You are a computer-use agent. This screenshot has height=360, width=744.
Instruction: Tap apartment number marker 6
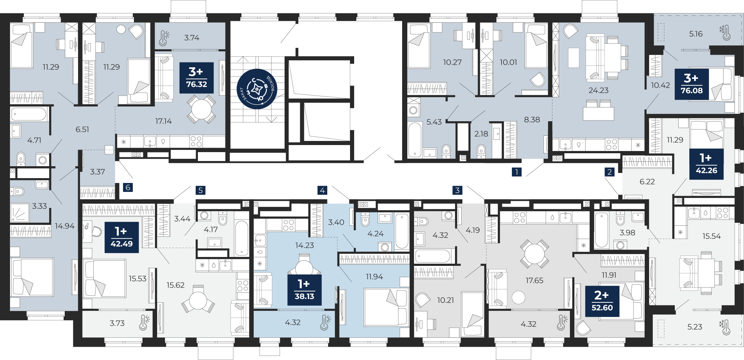point(128,187)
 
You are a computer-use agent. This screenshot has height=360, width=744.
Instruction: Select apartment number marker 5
point(201,190)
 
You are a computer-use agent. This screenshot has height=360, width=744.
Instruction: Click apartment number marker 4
point(322,190)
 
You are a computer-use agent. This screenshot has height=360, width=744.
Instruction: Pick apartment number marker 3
point(458,190)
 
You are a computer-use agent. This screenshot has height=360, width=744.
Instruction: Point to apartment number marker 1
point(516,172)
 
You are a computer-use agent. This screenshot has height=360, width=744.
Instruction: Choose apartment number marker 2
point(609,172)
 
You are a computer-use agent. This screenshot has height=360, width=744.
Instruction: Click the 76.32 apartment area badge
point(196,77)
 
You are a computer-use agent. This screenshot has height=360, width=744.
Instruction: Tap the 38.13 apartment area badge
point(304,290)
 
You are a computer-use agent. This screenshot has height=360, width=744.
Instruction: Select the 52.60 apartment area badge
point(602,301)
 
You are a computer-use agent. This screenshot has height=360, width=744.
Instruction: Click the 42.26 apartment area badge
point(706,164)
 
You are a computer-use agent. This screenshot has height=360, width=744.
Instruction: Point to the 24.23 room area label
point(599,90)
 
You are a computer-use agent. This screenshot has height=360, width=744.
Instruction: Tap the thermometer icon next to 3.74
point(164,38)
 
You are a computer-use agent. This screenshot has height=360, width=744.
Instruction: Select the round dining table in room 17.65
point(534,254)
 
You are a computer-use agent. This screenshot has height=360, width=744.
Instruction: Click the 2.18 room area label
point(481,134)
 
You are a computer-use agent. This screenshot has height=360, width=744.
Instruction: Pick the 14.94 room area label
point(65,226)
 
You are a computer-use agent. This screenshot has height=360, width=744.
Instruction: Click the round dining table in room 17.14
point(201,109)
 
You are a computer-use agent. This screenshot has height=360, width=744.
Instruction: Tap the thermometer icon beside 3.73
point(144,322)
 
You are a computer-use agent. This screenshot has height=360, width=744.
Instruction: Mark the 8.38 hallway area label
point(532,120)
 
